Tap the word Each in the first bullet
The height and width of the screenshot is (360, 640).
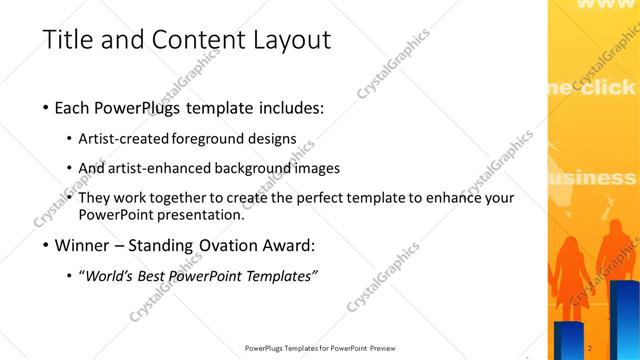pos(77,107)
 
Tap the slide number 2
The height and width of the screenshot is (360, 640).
pos(591,347)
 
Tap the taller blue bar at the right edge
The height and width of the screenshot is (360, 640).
pos(625,320)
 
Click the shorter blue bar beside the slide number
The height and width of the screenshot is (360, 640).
pos(569,341)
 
